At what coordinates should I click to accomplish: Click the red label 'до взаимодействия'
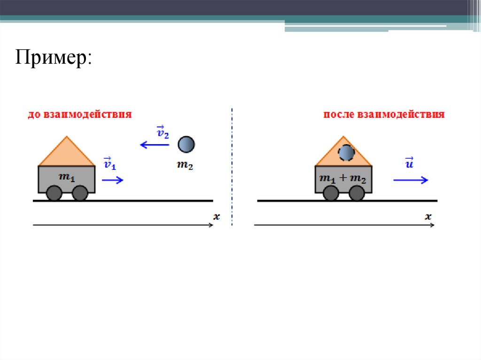coord(79,115)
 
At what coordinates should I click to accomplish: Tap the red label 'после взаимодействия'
coord(384,115)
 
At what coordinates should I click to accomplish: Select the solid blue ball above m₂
coord(186,144)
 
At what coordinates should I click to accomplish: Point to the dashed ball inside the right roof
coord(346,153)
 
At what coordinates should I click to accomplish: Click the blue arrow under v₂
coord(155,145)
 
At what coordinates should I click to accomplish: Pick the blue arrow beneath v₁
coord(112,179)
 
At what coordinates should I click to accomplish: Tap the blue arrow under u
coord(411,179)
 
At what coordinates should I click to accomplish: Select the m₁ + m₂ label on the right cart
coord(342,177)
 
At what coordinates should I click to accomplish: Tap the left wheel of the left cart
coord(54,193)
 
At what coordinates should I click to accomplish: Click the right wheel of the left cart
coord(80,193)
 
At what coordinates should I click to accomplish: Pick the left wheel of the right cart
coord(331,193)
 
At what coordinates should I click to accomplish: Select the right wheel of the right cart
coord(357,193)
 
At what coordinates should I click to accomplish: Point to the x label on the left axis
coord(217,216)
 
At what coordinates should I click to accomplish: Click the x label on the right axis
coord(428,216)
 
